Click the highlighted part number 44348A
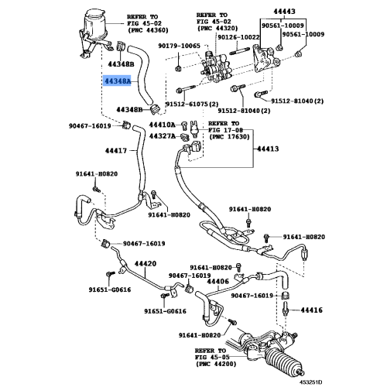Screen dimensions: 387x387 pyautogui.click(x=118, y=81)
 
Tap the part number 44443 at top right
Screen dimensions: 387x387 pyautogui.click(x=284, y=12)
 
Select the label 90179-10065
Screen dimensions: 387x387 pyautogui.click(x=179, y=46)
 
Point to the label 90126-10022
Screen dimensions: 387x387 pyautogui.click(x=238, y=37)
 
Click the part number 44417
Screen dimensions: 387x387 pyautogui.click(x=116, y=151)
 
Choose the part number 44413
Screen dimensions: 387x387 pyautogui.click(x=268, y=149)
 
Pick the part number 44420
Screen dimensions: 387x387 pyautogui.click(x=146, y=264)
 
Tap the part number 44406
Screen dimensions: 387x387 pyautogui.click(x=218, y=282)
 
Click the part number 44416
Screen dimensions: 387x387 pyautogui.click(x=312, y=310)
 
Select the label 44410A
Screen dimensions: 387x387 pyautogui.click(x=162, y=125)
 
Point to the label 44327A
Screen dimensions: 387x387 pyautogui.click(x=162, y=136)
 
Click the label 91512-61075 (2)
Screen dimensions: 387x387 pyautogui.click(x=192, y=104)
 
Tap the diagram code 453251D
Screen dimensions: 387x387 pyautogui.click(x=310, y=382)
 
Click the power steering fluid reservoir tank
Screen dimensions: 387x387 pyautogui.click(x=95, y=26)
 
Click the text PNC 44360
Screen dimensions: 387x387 pyautogui.click(x=149, y=30)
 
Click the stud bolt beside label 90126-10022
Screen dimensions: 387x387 pyautogui.click(x=238, y=50)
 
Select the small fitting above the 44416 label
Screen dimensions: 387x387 pyautogui.click(x=286, y=296)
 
